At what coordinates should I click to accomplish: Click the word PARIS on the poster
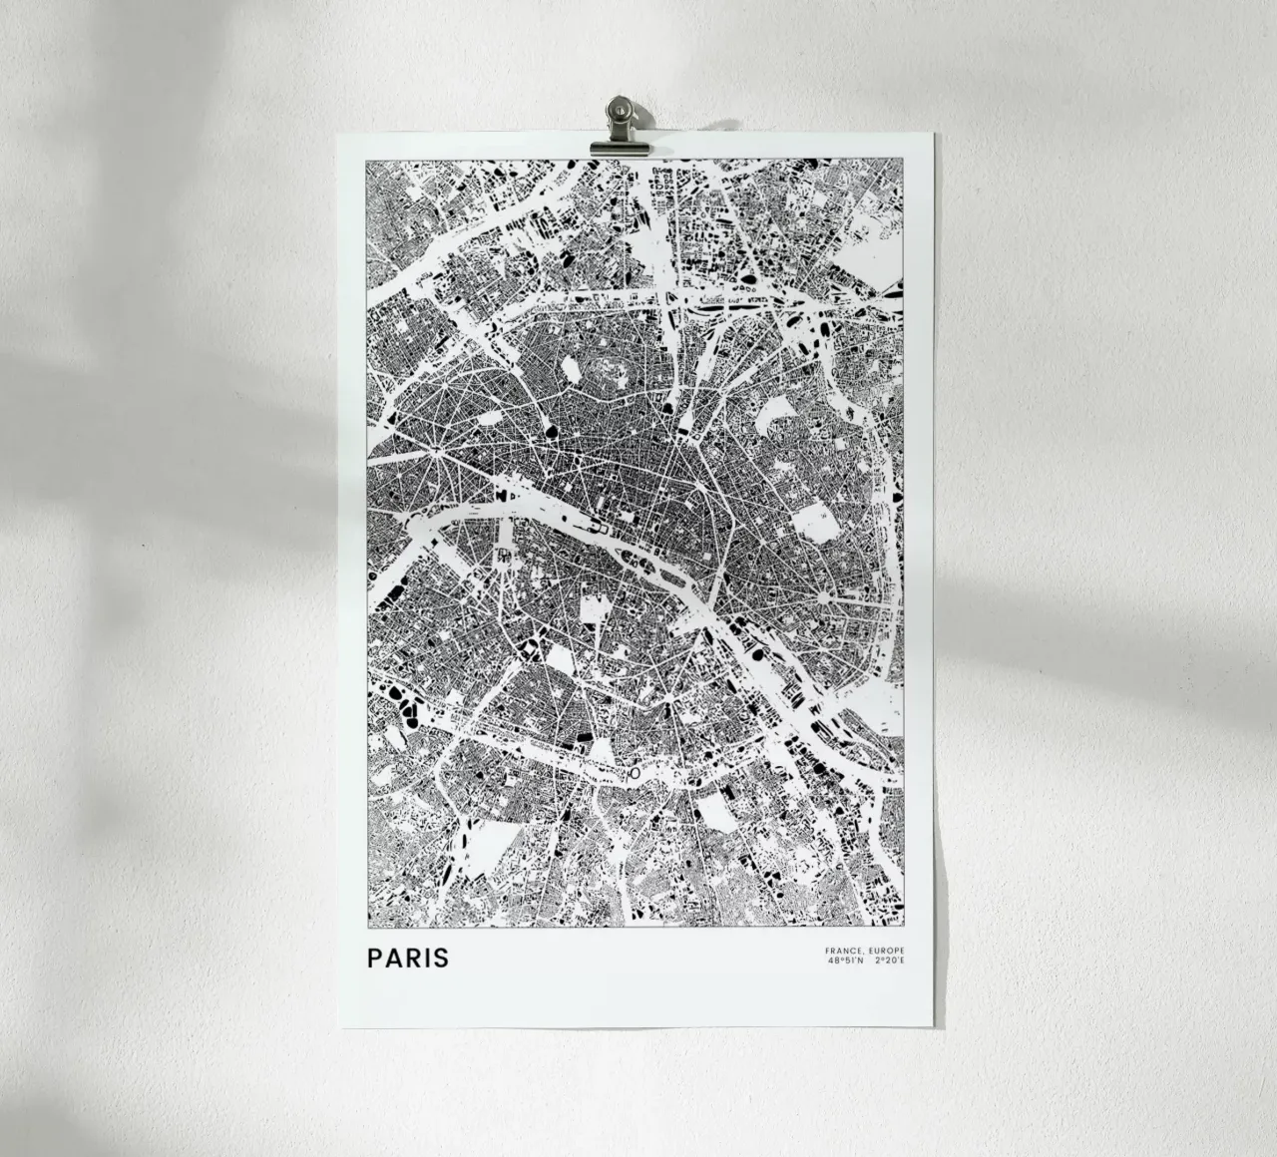pyautogui.click(x=408, y=959)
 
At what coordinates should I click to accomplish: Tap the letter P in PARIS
pyautogui.click(x=374, y=959)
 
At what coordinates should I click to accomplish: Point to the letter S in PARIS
pyautogui.click(x=442, y=959)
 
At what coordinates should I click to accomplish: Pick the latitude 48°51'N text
pyautogui.click(x=845, y=963)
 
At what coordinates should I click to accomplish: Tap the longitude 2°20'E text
pyautogui.click(x=890, y=963)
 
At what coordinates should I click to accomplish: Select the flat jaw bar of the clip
pyautogui.click(x=619, y=148)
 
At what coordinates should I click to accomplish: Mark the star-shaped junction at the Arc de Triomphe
pyautogui.click(x=436, y=458)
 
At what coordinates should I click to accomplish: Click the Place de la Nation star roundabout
pyautogui.click(x=825, y=596)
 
